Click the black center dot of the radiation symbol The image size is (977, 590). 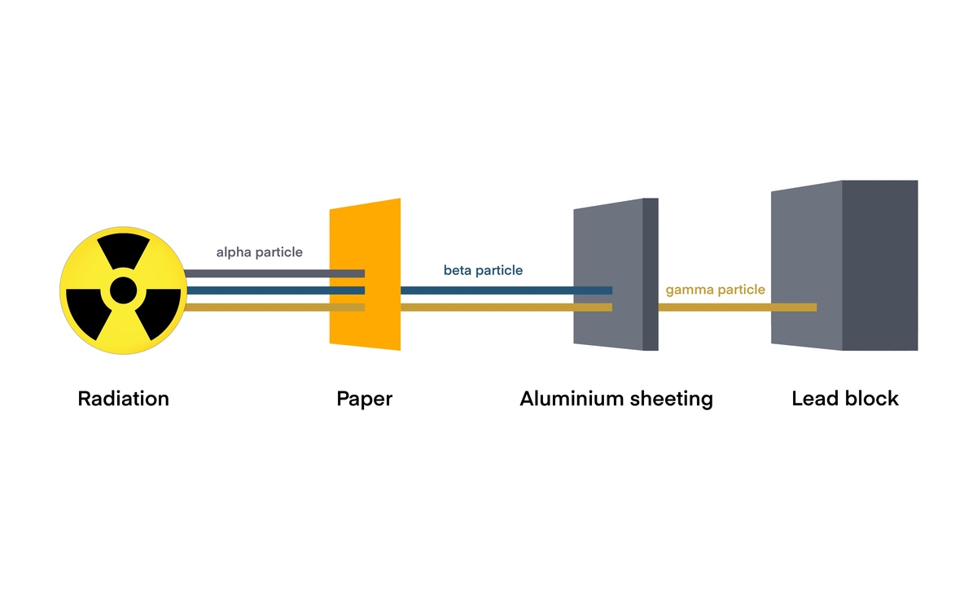point(123,289)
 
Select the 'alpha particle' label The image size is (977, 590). point(259,252)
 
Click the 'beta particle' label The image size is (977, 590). point(483,270)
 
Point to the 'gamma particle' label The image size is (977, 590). point(715,289)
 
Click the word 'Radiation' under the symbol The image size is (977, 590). point(123,399)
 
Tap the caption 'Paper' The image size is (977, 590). point(364,399)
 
